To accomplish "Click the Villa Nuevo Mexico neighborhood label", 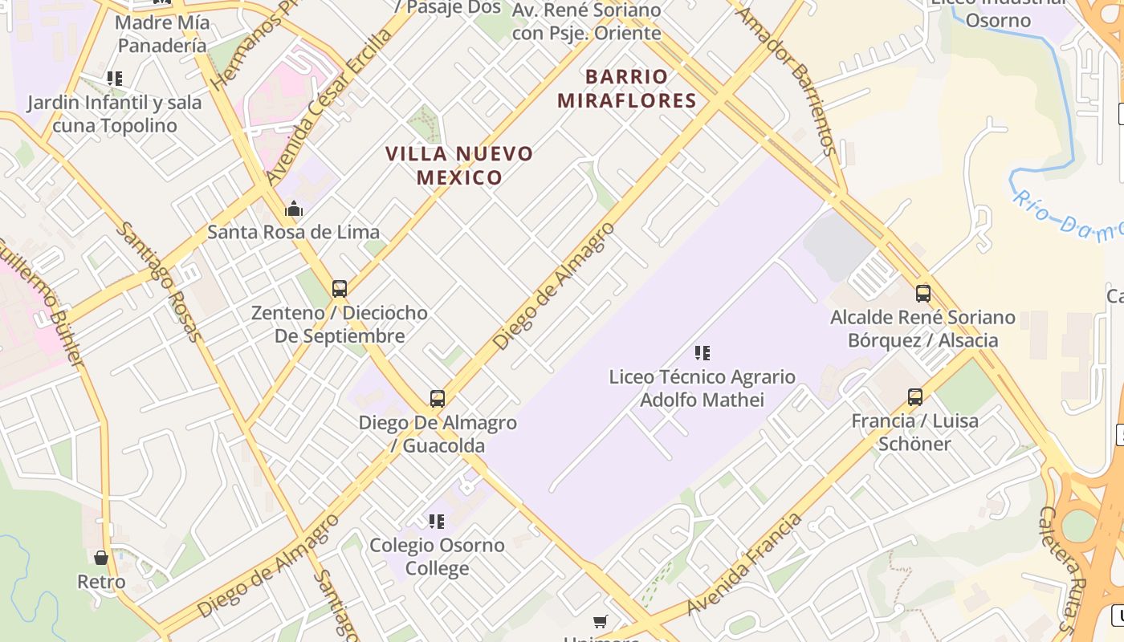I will click(459, 165).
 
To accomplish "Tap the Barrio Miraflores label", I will click(626, 88).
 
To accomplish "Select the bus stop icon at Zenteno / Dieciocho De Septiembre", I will click(340, 288).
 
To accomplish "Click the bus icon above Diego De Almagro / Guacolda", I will click(438, 398).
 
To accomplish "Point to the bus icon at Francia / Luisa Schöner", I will click(915, 396).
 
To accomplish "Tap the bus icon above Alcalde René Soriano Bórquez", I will click(923, 293).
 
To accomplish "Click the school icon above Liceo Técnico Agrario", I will click(702, 352).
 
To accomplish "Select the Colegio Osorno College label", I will click(437, 557).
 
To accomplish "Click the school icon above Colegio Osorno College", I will click(437, 522).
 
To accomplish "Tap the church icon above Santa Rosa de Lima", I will click(294, 209).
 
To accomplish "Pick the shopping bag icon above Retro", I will click(101, 557).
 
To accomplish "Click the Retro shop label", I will click(101, 582).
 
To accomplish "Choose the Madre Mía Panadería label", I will click(162, 34).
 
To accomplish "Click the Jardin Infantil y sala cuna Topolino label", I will click(114, 114).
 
